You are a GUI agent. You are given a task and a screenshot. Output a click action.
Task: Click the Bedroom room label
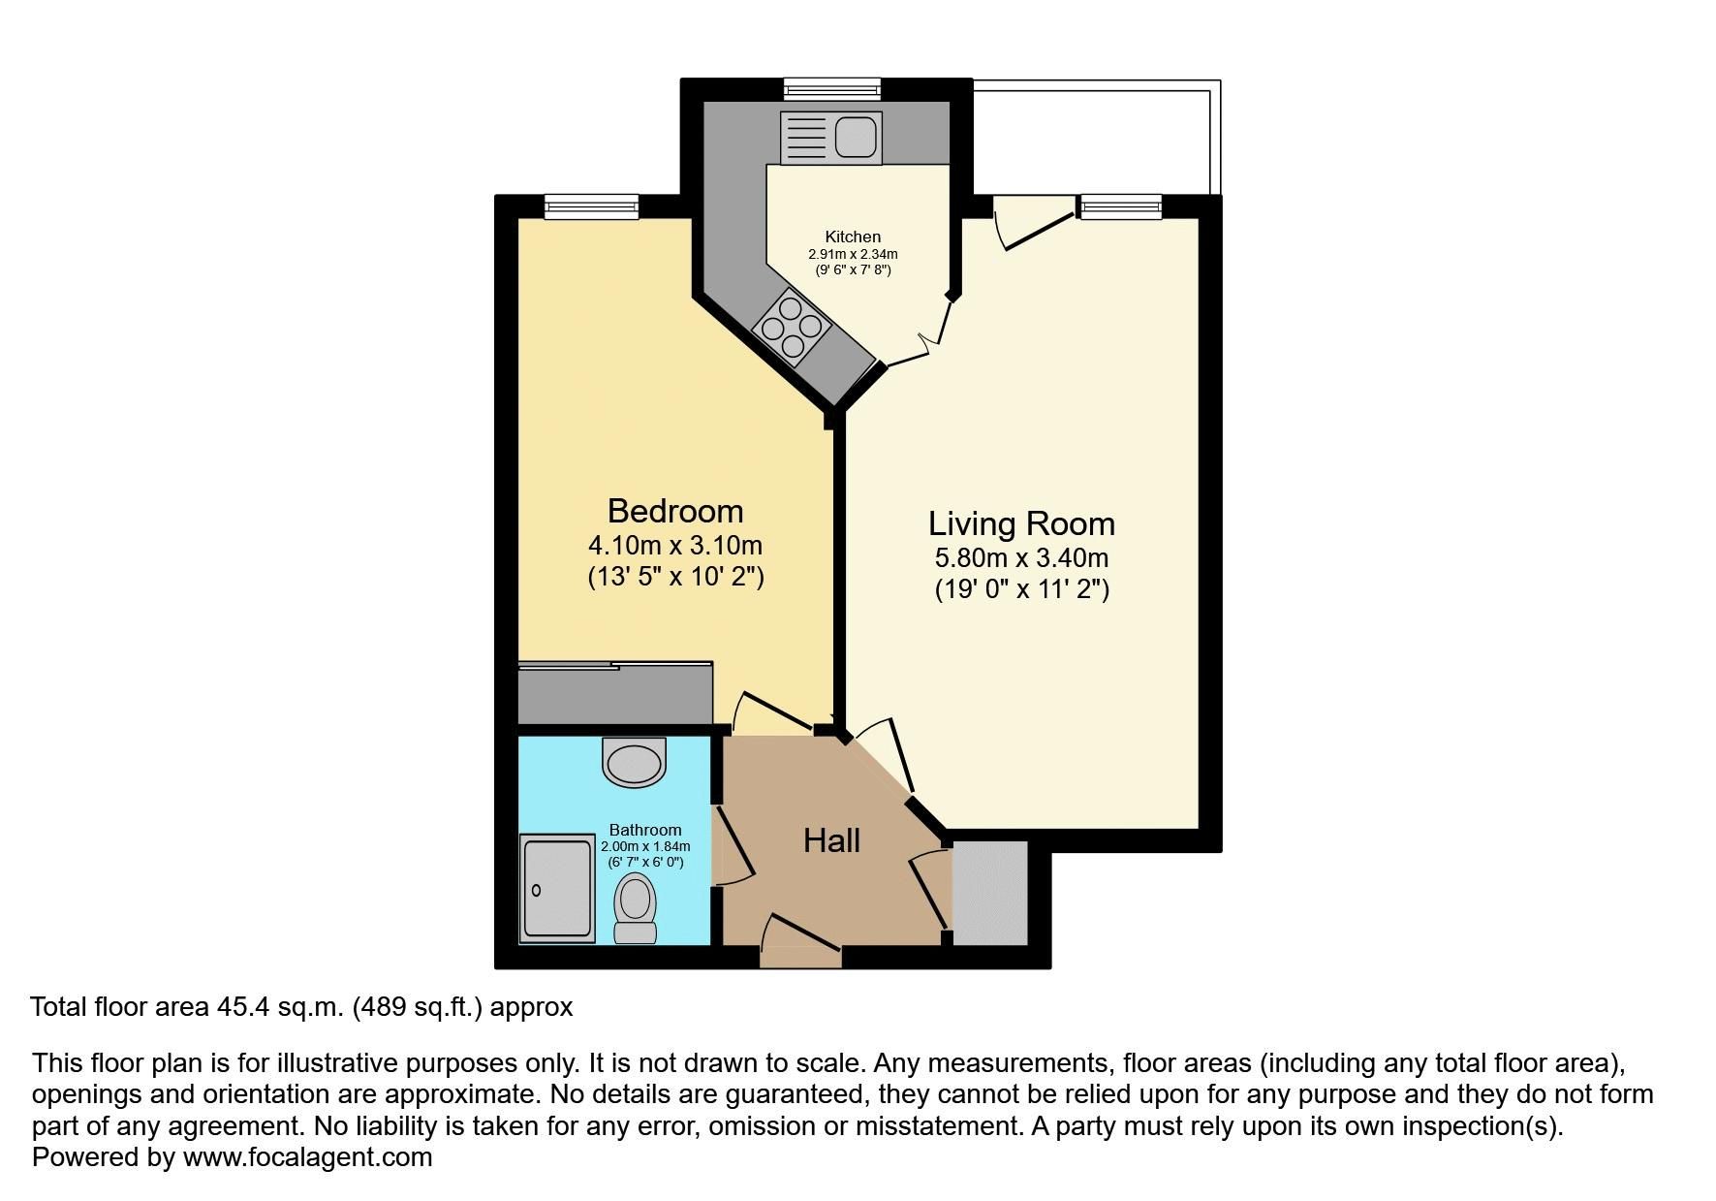(675, 511)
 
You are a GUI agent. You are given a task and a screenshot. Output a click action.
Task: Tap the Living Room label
(1021, 523)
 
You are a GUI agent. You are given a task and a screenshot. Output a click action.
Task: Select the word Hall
(831, 840)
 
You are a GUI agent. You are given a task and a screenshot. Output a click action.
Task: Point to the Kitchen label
(853, 237)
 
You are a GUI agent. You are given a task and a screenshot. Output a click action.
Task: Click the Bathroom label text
(644, 830)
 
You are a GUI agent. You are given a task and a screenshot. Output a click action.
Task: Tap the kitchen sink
(830, 137)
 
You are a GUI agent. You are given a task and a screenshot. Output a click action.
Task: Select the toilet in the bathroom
(635, 907)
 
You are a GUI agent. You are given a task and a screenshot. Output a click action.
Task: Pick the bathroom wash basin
(635, 761)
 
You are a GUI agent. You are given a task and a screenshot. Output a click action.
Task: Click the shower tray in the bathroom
(557, 889)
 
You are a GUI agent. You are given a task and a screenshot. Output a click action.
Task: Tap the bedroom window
(591, 205)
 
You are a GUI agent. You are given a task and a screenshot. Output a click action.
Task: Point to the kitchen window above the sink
(832, 89)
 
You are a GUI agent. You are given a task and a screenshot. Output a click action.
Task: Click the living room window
(1120, 205)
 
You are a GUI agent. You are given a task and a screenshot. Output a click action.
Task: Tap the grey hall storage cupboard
(989, 893)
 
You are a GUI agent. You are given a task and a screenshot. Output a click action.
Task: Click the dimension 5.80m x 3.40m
(1021, 558)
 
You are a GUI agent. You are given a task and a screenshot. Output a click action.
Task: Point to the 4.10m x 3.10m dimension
(675, 546)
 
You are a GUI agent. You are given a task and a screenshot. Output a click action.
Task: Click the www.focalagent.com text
(307, 1157)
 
